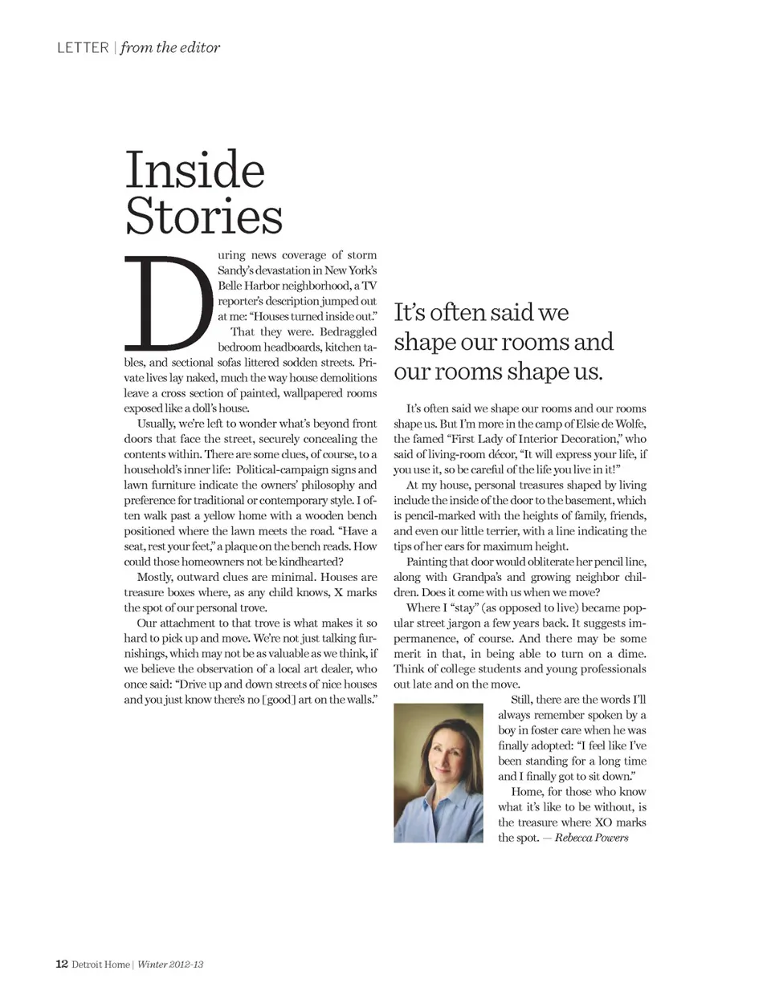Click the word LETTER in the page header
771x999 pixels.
point(83,47)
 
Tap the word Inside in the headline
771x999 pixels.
point(194,169)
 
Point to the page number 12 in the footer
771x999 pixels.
point(61,964)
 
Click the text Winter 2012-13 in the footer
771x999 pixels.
point(170,964)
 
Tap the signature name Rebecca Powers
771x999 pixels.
point(591,838)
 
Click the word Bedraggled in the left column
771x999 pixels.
point(348,331)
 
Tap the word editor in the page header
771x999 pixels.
point(200,47)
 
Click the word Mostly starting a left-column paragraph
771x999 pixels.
point(155,577)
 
